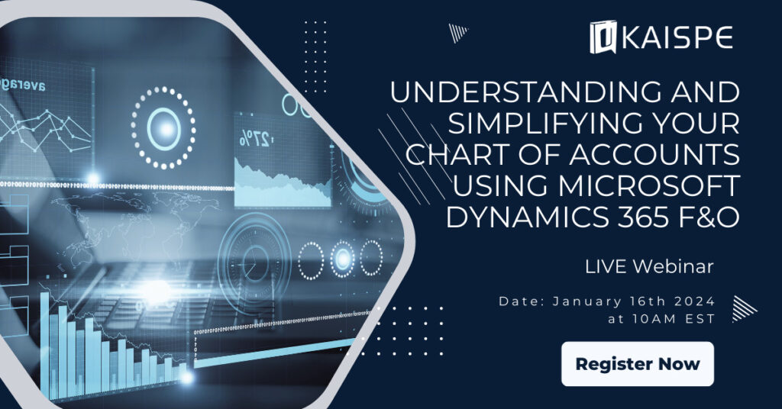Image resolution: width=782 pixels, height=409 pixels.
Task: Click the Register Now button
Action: [638, 364]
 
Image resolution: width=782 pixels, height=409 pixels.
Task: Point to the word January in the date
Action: [577, 301]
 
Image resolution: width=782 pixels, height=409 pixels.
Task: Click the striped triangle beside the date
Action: [743, 308]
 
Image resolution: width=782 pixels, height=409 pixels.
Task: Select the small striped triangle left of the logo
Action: [457, 32]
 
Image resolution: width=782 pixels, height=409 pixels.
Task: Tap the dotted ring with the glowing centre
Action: [163, 126]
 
